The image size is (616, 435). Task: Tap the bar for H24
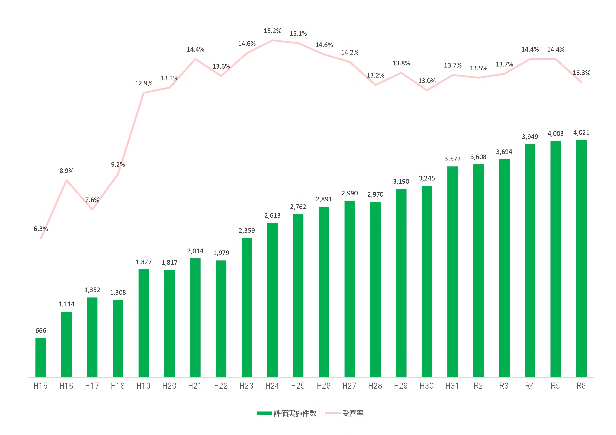272,300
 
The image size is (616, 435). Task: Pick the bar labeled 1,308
118,339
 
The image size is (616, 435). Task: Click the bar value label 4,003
555,133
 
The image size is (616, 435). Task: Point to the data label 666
41,330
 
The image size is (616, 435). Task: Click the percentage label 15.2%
272,31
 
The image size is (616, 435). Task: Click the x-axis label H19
143,386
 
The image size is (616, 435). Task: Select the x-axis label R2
478,386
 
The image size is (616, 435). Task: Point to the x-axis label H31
452,386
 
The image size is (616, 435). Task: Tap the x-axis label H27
349,386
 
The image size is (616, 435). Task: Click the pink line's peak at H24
273,41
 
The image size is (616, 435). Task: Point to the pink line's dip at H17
92,209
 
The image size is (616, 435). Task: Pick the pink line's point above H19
144,93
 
